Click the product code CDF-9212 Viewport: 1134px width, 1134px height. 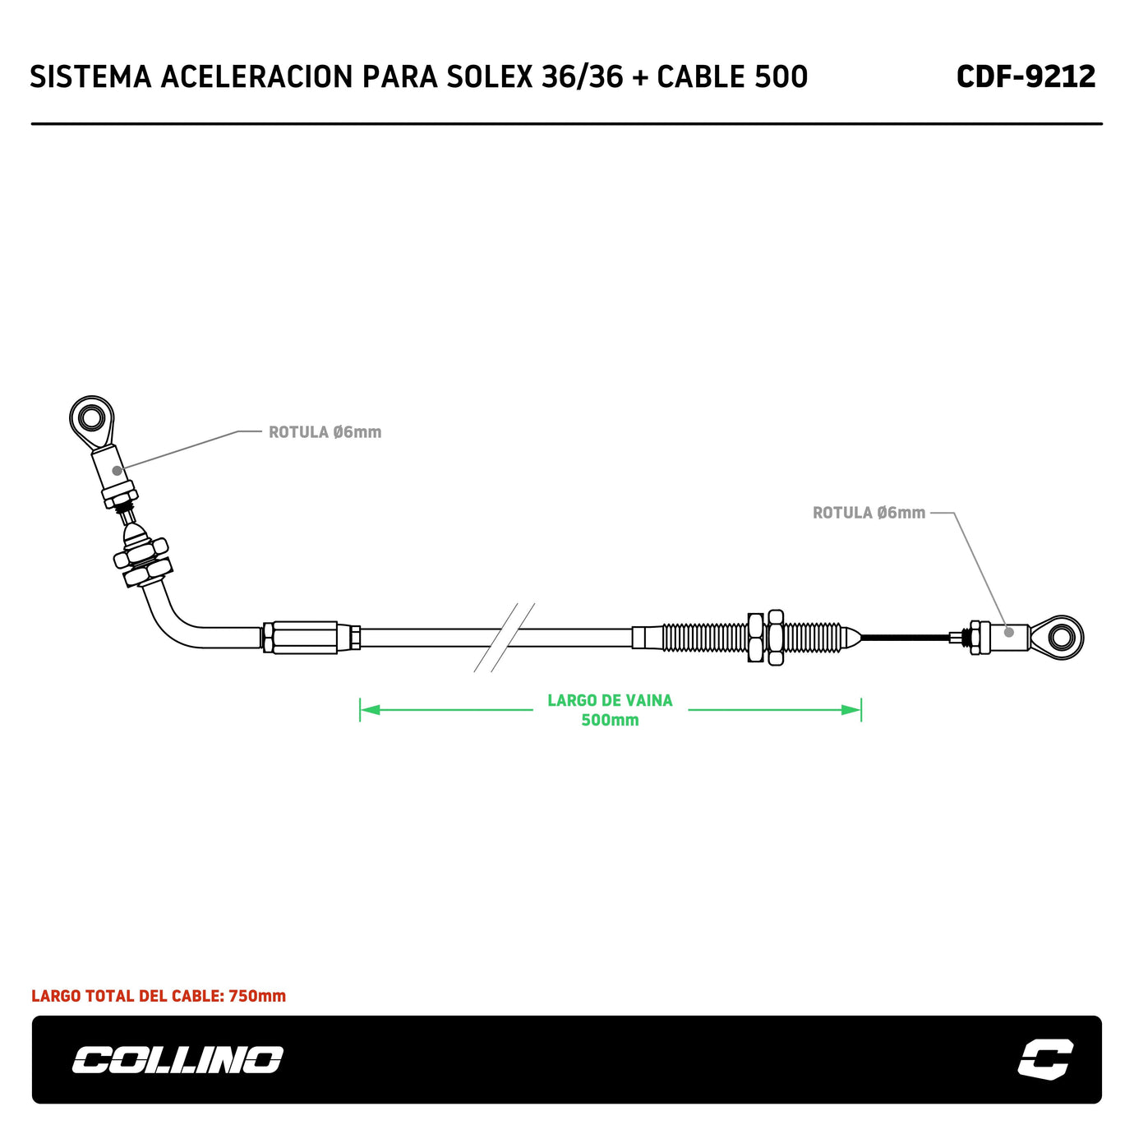(1026, 76)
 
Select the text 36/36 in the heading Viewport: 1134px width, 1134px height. (582, 76)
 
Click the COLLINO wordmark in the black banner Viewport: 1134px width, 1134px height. (177, 1059)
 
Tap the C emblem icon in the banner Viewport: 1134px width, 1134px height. (1045, 1058)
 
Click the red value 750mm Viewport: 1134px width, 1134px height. (257, 996)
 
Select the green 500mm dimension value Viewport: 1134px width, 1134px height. (610, 720)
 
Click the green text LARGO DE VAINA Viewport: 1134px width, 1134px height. (610, 700)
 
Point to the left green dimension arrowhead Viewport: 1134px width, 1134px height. (369, 709)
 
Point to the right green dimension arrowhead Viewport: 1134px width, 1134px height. (852, 709)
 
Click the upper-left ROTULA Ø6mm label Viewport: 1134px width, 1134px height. (325, 432)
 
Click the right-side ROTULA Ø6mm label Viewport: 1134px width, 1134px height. (869, 513)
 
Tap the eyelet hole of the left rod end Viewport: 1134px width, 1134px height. (91, 419)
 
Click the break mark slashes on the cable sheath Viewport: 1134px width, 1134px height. (504, 638)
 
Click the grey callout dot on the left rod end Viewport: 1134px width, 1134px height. (118, 470)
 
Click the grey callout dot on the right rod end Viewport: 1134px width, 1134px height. (1008, 632)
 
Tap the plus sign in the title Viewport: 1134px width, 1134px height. (640, 77)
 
